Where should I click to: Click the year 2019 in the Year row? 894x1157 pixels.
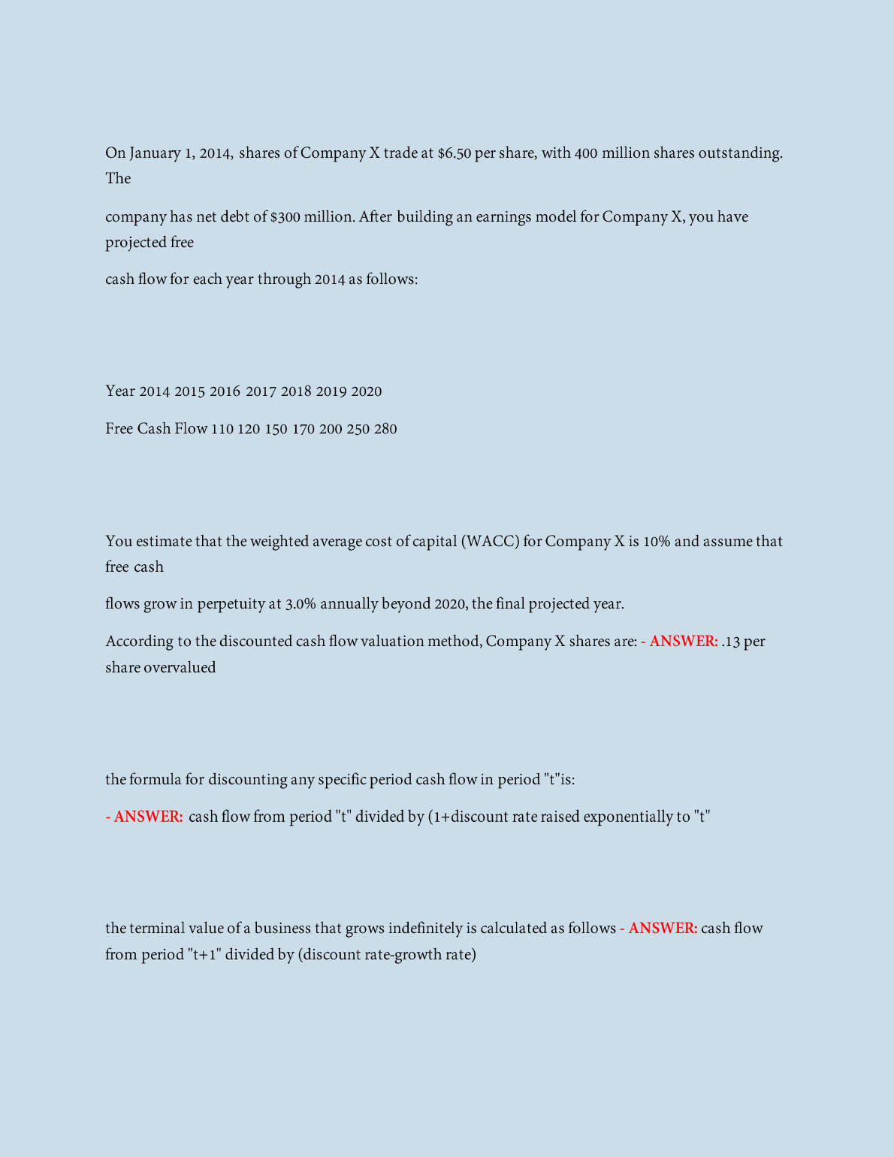(331, 391)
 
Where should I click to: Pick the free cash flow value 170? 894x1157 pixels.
(303, 429)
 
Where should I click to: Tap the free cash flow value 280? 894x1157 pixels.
(385, 429)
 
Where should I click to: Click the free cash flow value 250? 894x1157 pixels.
(358, 429)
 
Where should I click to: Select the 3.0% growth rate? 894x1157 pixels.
(301, 604)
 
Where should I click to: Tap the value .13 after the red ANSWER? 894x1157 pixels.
(730, 642)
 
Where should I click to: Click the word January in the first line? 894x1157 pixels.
(155, 153)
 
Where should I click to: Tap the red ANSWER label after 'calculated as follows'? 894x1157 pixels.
(663, 929)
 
